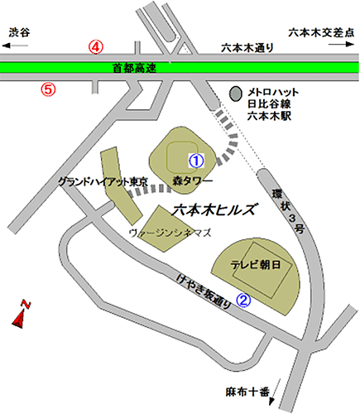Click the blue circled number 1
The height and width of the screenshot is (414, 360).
196,159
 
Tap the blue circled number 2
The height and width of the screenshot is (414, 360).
243,301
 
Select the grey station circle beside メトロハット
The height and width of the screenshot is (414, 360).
237,91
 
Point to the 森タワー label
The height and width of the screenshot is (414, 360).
193,180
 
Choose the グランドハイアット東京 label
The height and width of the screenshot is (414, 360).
103,181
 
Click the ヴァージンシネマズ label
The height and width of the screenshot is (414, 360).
166,234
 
